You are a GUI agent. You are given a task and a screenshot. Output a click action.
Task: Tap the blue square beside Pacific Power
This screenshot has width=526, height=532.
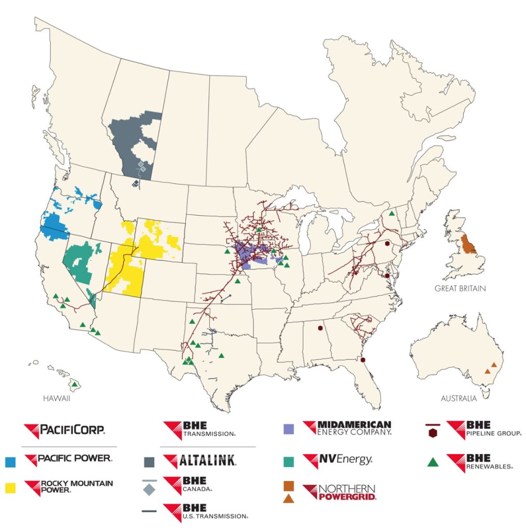[10, 460]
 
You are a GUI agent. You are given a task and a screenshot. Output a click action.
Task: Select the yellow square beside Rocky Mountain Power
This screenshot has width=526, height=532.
[10, 487]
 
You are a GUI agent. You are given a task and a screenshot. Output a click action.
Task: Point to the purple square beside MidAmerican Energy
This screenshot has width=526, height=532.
[289, 429]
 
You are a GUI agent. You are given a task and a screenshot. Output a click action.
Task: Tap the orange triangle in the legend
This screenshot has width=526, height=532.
[289, 499]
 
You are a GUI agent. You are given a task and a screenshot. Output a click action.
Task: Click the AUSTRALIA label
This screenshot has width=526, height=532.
[458, 399]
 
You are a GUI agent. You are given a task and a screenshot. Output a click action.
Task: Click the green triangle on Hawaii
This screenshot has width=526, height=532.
[75, 384]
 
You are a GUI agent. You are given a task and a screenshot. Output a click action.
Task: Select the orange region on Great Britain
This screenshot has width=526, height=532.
[469, 245]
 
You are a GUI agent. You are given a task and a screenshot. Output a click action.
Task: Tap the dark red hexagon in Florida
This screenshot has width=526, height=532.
[364, 360]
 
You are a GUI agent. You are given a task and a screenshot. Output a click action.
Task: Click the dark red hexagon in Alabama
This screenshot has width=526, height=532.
[320, 328]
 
